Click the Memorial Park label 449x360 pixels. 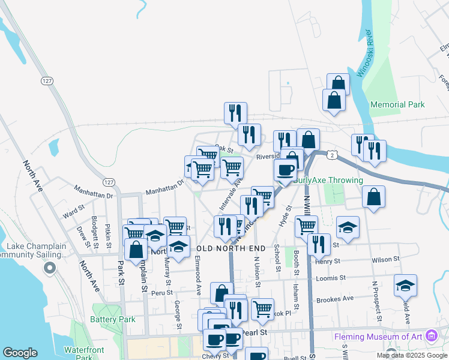tap(397, 104)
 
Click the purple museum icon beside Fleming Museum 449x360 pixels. tap(430, 335)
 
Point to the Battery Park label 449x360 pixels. tap(113, 319)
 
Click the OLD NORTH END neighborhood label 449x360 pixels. tap(231, 248)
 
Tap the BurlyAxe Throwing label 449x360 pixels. tap(328, 180)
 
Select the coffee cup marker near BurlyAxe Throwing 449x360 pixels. tap(285, 170)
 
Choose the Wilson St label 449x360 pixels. tap(385, 260)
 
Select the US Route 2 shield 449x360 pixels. tap(331, 154)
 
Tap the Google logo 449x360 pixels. tap(20, 352)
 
